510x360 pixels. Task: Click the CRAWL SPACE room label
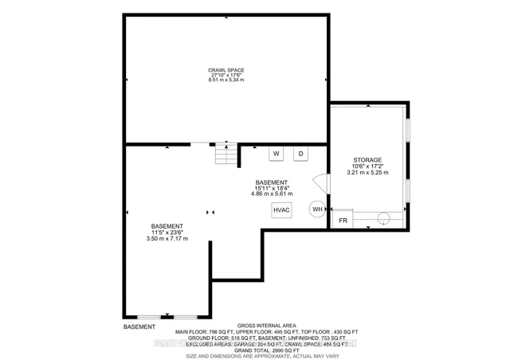coord(226,69)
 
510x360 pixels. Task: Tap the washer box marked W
coord(277,153)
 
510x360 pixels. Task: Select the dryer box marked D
coord(301,153)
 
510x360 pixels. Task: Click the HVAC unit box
coord(282,209)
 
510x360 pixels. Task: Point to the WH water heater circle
coord(317,209)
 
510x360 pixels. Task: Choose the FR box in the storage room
coord(343,221)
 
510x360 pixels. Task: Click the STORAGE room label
coord(368,159)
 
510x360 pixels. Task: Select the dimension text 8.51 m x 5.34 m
coord(226,80)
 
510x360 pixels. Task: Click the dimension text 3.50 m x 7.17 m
coord(167,239)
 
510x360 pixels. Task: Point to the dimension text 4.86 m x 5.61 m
coord(272,193)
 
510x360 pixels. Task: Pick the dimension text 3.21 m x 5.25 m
coord(368,172)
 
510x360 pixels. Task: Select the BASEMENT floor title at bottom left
coord(139,327)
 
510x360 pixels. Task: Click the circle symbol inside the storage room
coord(382,217)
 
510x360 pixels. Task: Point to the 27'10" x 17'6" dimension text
coord(226,75)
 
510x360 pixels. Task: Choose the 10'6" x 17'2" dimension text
coord(368,166)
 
